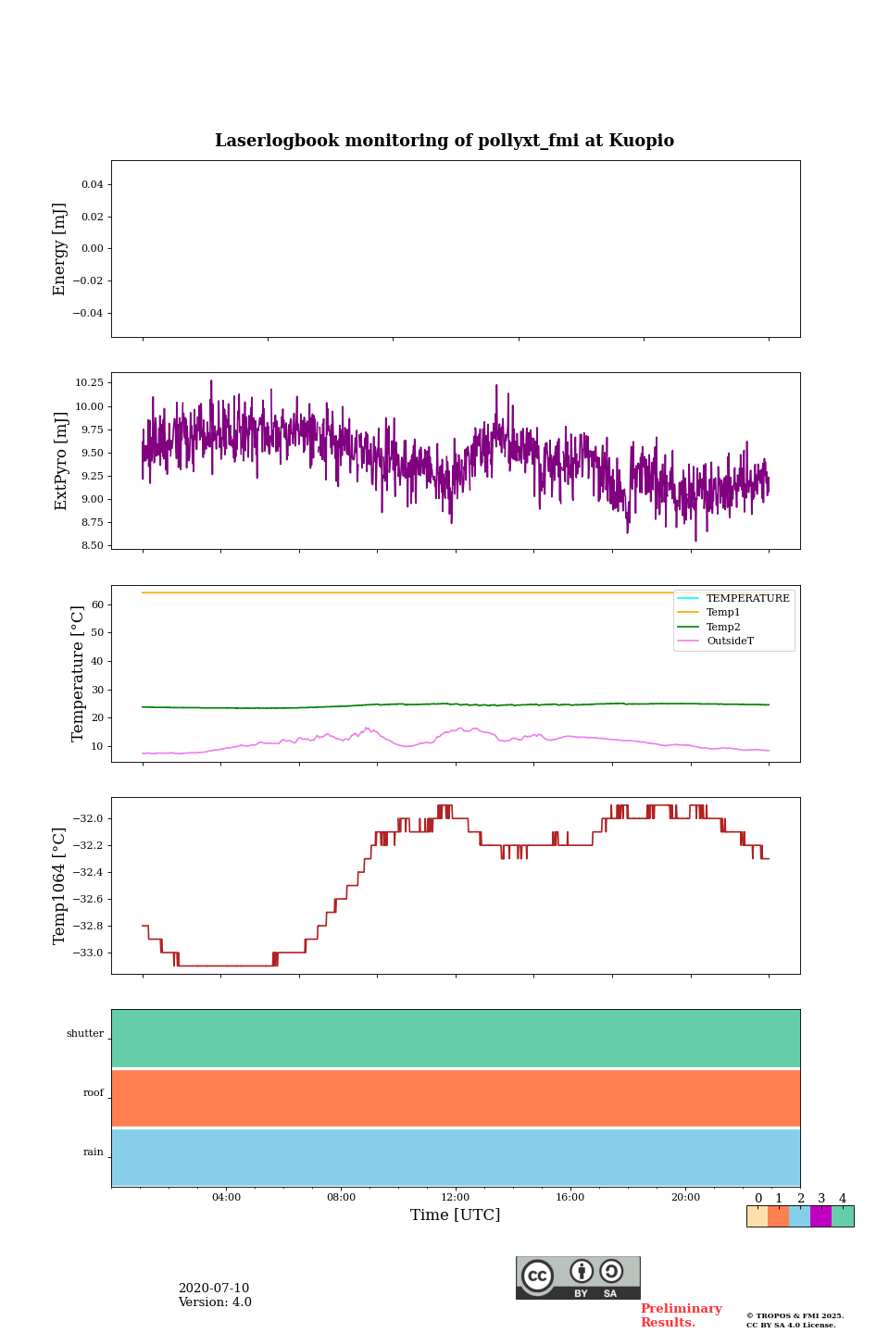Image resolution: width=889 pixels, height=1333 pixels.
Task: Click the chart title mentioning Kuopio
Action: [x=444, y=141]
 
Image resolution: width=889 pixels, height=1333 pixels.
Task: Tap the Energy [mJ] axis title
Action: [x=60, y=249]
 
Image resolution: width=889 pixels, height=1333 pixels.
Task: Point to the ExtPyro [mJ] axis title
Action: [x=61, y=461]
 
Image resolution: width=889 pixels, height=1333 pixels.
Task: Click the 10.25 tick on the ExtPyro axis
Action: [x=89, y=382]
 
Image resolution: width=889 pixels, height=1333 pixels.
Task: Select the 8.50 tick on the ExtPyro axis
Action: [x=93, y=545]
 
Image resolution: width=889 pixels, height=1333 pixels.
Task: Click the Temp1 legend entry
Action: [x=723, y=613]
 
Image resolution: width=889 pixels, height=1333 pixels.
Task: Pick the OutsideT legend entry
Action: [x=730, y=642]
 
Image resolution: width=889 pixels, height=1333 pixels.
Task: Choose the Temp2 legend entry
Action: [x=723, y=628]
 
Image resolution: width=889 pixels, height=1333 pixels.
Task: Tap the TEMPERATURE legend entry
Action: [x=747, y=599]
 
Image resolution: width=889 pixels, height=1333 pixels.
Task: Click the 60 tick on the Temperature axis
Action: [x=97, y=604]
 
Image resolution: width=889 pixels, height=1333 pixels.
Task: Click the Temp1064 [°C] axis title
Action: [x=60, y=886]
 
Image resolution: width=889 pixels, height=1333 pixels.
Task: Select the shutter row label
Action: [x=85, y=1034]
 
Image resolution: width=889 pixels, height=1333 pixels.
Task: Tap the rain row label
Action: [x=94, y=1152]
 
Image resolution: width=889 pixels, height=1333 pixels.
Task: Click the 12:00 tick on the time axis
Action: [x=456, y=1198]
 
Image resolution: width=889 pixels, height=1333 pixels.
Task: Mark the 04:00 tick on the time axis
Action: [x=226, y=1198]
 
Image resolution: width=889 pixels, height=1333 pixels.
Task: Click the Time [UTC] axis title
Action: [x=456, y=1215]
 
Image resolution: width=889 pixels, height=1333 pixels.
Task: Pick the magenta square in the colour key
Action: [x=820, y=1216]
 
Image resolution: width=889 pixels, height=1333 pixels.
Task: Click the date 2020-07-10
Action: [x=214, y=1289]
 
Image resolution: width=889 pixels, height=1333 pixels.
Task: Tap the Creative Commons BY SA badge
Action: [x=578, y=1277]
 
